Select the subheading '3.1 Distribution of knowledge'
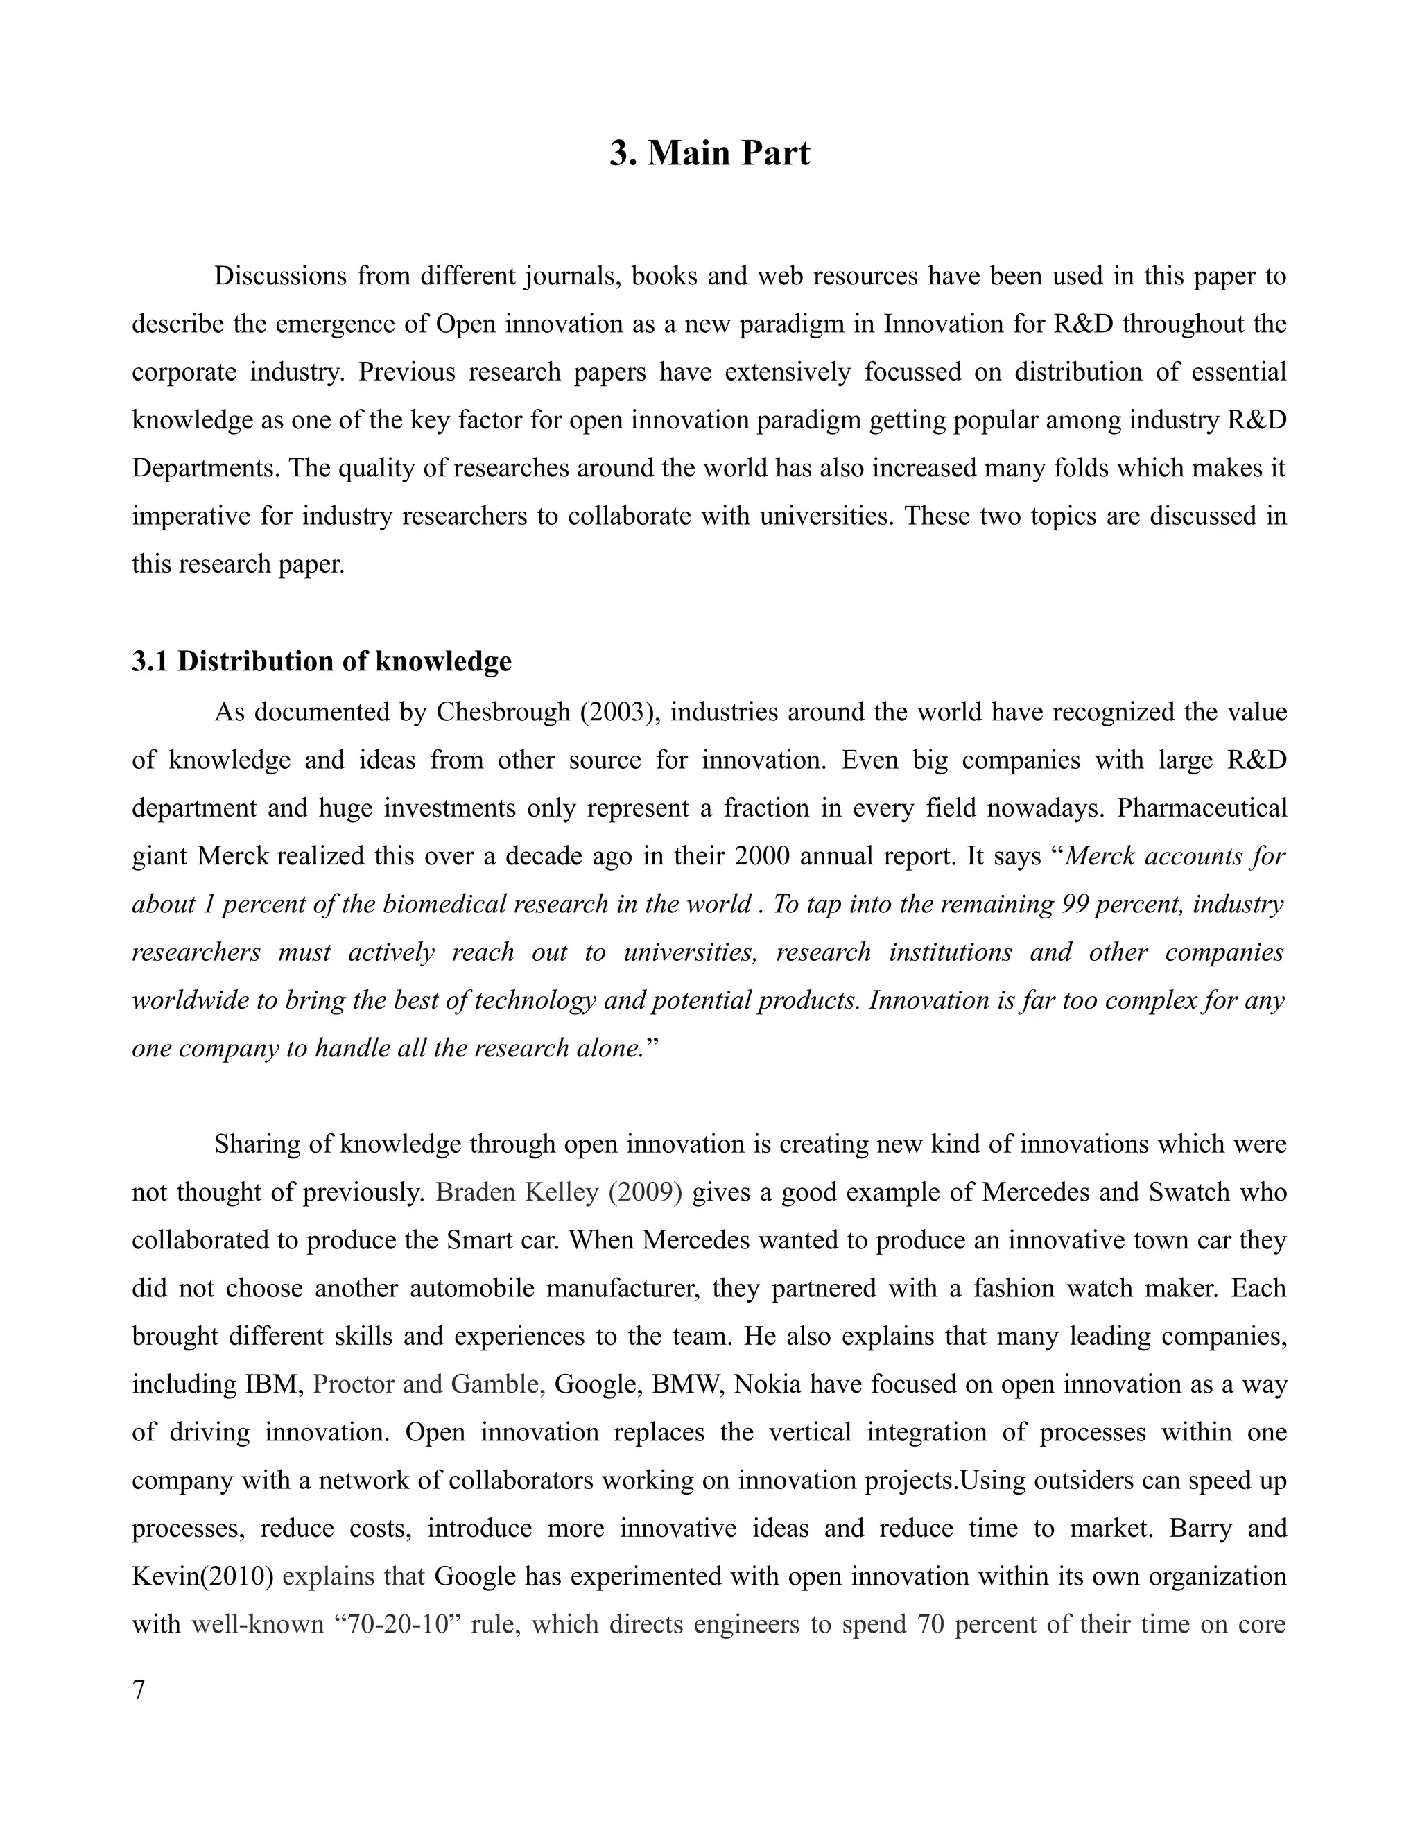pos(321,661)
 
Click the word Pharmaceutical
pos(1202,808)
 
